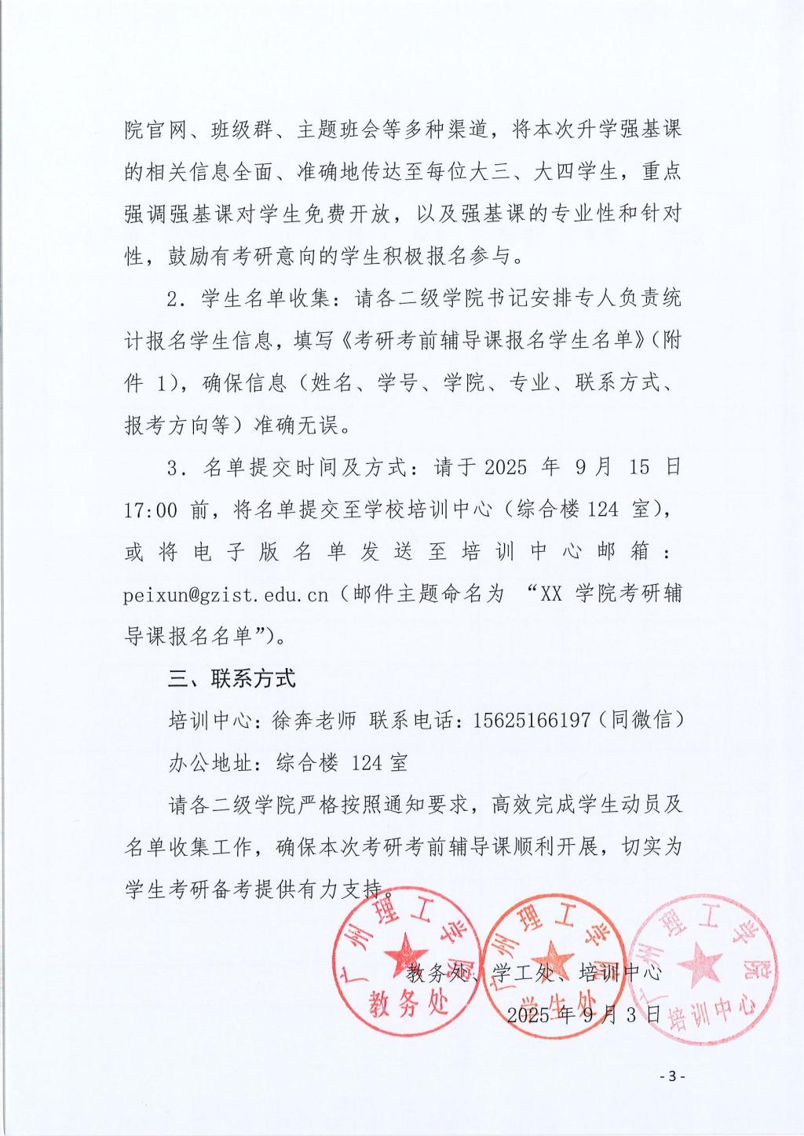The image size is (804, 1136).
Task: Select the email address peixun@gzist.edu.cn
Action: pos(226,594)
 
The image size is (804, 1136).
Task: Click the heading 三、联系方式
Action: pos(232,678)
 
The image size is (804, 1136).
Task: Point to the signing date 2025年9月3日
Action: pos(584,1014)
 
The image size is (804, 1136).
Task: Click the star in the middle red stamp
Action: pos(554,959)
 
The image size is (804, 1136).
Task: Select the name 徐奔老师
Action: pos(314,720)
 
